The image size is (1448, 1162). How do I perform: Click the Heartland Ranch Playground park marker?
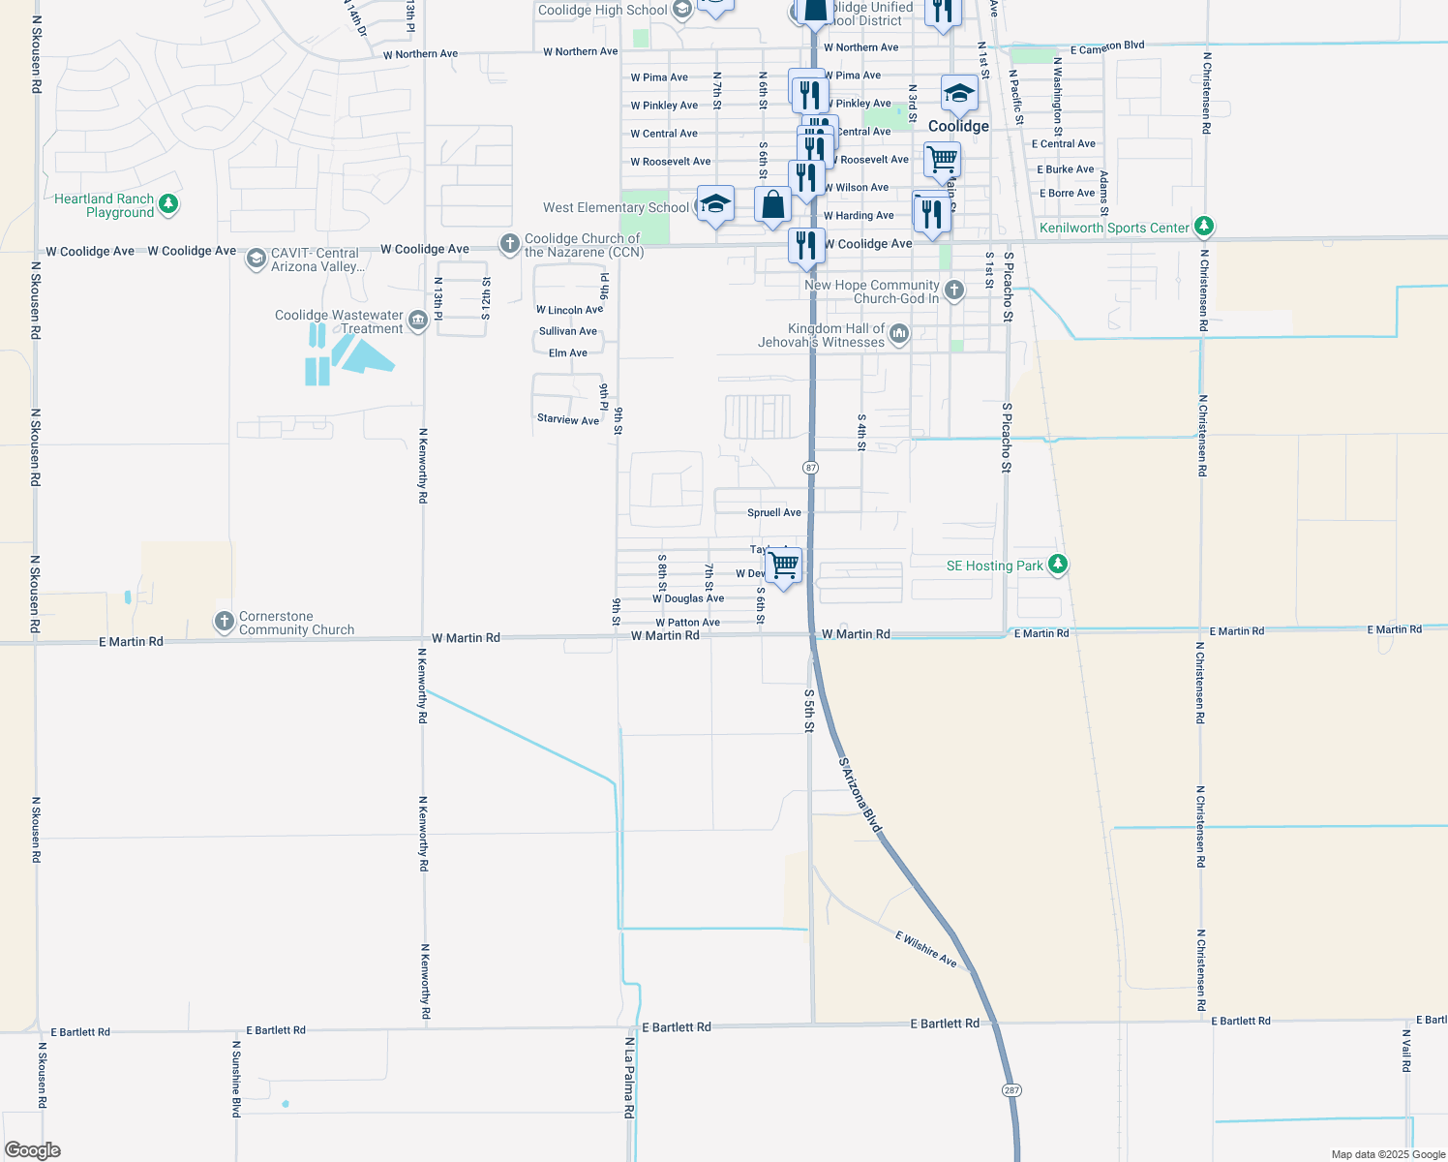pos(168,203)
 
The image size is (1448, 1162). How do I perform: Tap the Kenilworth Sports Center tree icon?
pos(1204,227)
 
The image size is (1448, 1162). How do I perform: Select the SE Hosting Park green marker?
pos(1058,565)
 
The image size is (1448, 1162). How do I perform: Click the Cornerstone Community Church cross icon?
pos(224,622)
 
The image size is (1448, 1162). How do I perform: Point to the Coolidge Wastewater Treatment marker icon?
pos(418,321)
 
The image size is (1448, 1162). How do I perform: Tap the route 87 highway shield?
pos(811,468)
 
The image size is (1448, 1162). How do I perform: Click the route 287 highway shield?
pos(1011,1090)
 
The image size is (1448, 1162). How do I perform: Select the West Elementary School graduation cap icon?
pos(715,204)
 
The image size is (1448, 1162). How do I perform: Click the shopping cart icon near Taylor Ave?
pos(783,565)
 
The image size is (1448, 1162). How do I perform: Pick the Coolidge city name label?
pos(958,126)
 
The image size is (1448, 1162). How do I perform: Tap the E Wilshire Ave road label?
pos(926,949)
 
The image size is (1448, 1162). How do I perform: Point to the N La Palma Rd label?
pos(629,1078)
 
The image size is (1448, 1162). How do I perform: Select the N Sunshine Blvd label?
pos(236,1079)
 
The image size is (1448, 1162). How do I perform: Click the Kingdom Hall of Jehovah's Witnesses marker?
pos(899,335)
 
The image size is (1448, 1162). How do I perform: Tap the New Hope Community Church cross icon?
pos(953,290)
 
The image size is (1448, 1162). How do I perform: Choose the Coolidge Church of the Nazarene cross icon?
pos(510,244)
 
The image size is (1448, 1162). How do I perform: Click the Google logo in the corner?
pos(33,1150)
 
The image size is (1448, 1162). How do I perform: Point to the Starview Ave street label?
pos(568,419)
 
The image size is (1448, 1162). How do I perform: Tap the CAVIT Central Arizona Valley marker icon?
pos(256,259)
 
